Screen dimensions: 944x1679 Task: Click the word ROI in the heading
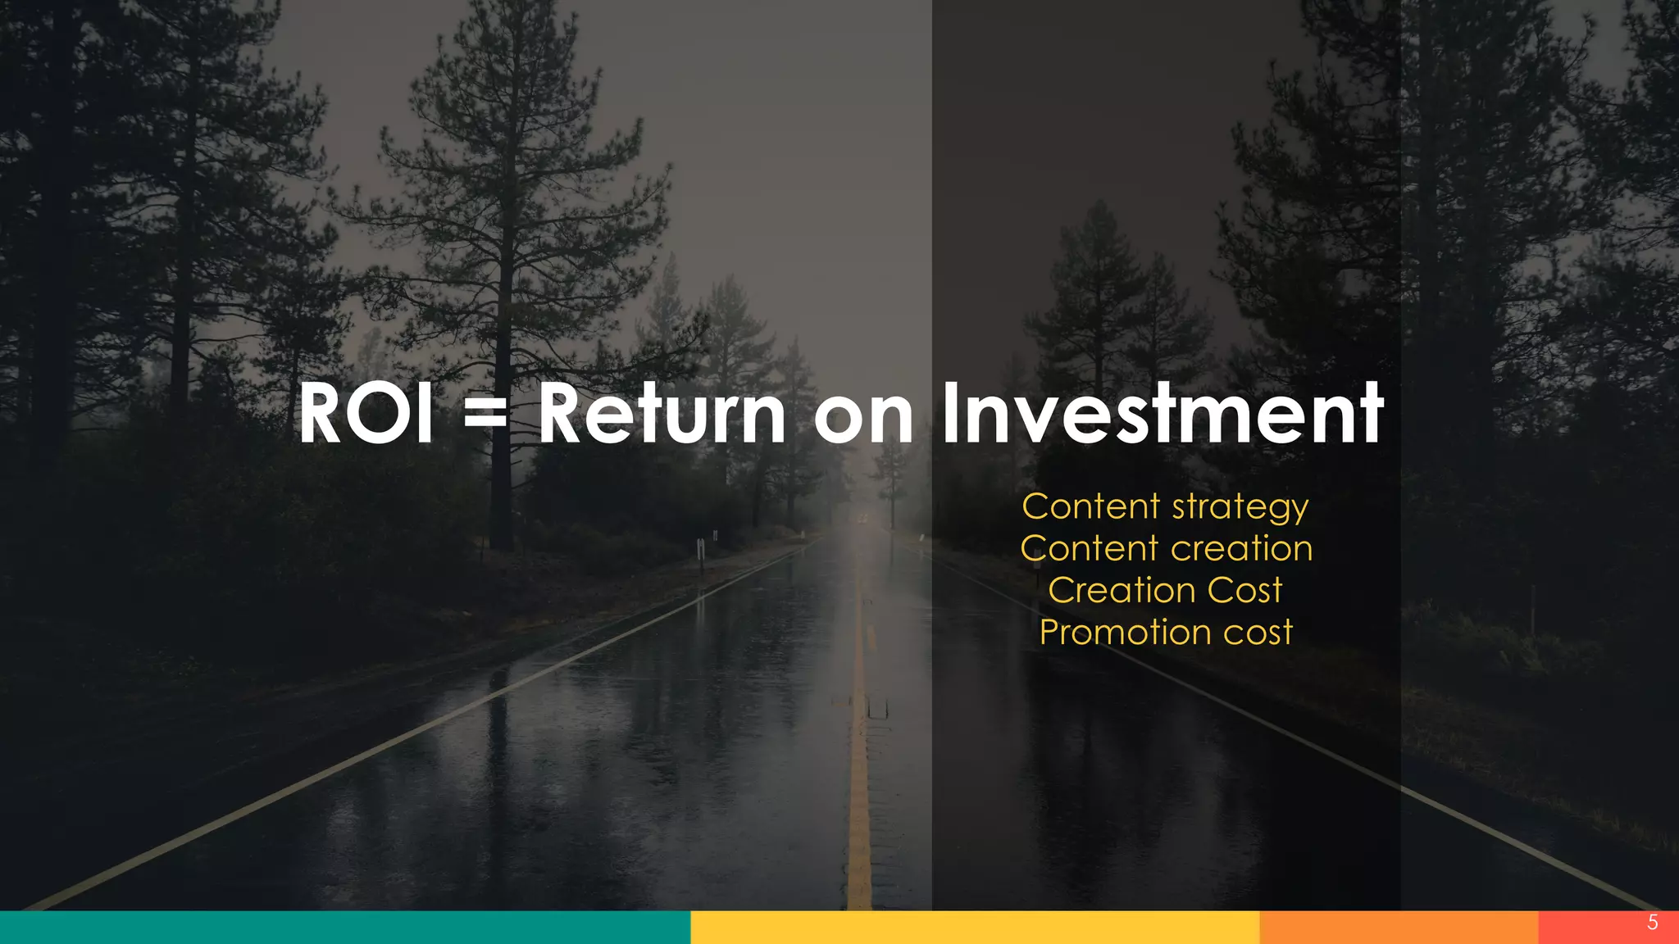pos(366,414)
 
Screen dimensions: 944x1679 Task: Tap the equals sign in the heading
pos(485,414)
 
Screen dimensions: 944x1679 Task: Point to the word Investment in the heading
pos(1163,414)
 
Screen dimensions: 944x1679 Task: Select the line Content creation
pos(1166,548)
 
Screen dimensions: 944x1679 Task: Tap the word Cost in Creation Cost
pos(1244,590)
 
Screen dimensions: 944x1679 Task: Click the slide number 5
pos(1653,923)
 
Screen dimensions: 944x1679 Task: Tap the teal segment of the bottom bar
pos(344,928)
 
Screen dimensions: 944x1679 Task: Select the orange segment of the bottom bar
pos(1398,928)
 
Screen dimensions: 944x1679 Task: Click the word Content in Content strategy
pos(1090,506)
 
